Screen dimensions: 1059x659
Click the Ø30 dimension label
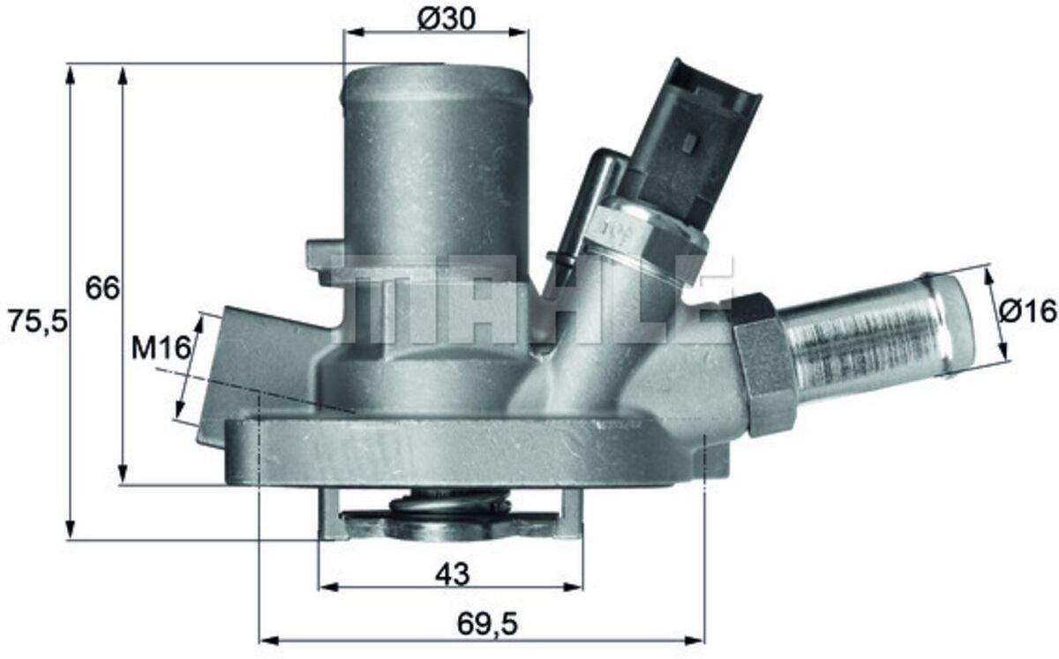click(x=447, y=19)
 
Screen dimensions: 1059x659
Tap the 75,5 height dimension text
click(x=38, y=321)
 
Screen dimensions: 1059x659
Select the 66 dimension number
click(x=102, y=288)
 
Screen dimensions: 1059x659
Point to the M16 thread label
click(x=161, y=348)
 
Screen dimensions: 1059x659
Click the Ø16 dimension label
click(x=1027, y=311)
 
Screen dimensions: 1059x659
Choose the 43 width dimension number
click(x=453, y=574)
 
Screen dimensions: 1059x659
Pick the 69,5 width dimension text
click(x=487, y=624)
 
